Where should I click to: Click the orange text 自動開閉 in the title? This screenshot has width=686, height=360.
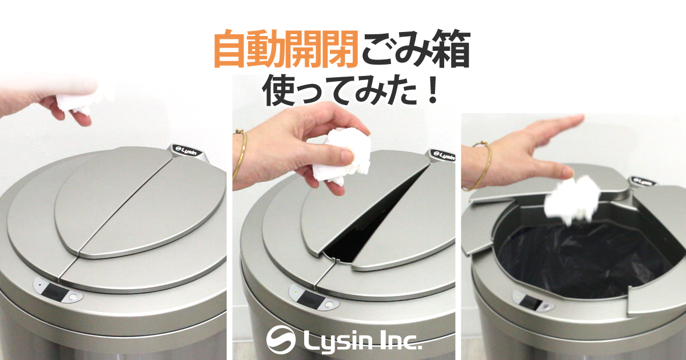[286, 49]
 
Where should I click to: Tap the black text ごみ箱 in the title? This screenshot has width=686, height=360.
[416, 49]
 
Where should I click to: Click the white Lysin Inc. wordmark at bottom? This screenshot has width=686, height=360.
[362, 341]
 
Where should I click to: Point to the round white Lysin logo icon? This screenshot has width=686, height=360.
[281, 339]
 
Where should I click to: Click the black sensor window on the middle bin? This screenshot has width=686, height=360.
[312, 298]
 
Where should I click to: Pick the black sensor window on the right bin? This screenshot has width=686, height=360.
[529, 302]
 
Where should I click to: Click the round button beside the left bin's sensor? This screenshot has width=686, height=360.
[74, 297]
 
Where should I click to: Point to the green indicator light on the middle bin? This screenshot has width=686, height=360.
[295, 291]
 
